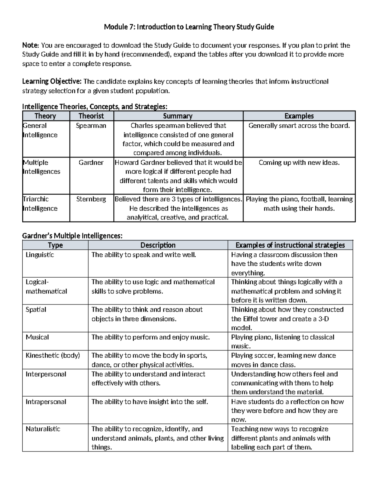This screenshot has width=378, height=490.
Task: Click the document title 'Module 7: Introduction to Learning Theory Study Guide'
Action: click(x=189, y=27)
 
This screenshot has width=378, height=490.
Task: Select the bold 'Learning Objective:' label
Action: click(x=52, y=82)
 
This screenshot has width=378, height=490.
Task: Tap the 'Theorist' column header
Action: click(x=91, y=116)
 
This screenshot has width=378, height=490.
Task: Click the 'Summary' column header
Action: click(x=178, y=116)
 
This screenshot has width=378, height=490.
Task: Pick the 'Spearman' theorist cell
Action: click(x=91, y=126)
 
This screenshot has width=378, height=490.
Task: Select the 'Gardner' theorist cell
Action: click(x=91, y=162)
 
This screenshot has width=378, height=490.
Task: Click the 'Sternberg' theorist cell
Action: click(x=91, y=199)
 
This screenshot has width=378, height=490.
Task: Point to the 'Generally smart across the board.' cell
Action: click(x=299, y=126)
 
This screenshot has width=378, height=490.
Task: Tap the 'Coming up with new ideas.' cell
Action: click(x=299, y=162)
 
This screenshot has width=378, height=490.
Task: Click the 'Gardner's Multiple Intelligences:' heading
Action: click(x=72, y=236)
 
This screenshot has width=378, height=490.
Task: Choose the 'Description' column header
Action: click(x=158, y=245)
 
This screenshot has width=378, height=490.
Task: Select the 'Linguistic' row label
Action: click(x=40, y=255)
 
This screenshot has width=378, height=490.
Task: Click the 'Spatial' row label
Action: click(x=36, y=310)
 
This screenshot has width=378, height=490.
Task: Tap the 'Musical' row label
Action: click(x=37, y=337)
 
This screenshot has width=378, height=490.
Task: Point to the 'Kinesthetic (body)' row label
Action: click(x=53, y=355)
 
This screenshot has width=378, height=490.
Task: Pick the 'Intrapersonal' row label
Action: click(x=46, y=402)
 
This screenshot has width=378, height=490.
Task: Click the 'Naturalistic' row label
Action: click(x=43, y=429)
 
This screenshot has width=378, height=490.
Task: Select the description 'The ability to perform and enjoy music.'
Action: click(x=151, y=337)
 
